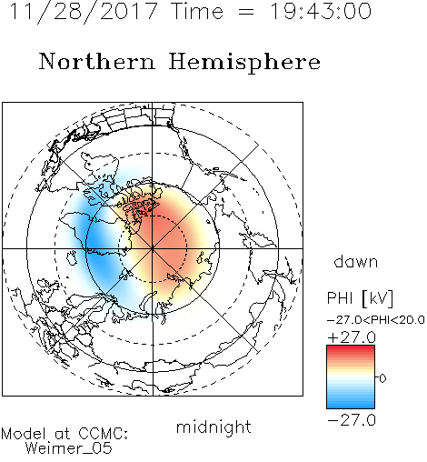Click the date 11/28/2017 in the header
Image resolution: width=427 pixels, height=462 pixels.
click(84, 12)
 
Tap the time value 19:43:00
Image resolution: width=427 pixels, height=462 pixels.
click(321, 11)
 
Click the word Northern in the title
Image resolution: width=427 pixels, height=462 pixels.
click(97, 61)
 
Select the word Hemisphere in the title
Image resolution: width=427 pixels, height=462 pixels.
click(244, 63)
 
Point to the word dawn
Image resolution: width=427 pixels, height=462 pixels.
click(356, 261)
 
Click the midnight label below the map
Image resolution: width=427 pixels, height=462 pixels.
click(213, 427)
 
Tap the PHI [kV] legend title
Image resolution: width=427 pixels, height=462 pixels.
click(360, 298)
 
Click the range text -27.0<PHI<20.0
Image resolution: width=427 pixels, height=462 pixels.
click(376, 320)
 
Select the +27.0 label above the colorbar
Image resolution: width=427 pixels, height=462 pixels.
click(352, 337)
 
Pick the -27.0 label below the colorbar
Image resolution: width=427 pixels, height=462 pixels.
click(352, 420)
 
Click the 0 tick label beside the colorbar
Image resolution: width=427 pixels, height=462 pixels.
click(382, 378)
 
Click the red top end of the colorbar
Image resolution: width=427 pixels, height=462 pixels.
click(351, 347)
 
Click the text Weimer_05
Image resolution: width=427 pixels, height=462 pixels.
click(69, 448)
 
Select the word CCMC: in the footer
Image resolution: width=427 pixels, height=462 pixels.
click(103, 434)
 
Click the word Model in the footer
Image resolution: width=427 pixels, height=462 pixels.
click(24, 434)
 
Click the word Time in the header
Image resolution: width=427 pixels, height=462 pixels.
click(197, 12)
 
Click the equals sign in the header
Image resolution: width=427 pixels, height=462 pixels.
click(246, 12)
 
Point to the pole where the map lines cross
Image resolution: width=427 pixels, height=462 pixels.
click(153, 248)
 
